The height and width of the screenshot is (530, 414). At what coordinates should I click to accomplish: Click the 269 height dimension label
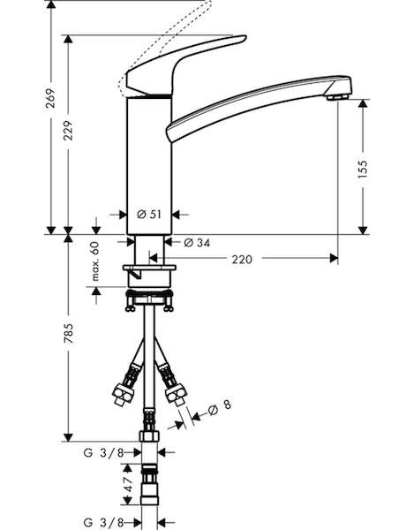[50, 98]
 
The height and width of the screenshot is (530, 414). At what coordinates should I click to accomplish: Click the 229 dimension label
[68, 131]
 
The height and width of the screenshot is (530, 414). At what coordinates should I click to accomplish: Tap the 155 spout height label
[362, 169]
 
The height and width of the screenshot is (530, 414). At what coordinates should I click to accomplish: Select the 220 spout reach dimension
[242, 259]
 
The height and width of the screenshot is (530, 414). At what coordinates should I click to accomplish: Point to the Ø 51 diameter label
[149, 215]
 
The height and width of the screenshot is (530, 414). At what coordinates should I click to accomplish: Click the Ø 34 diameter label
[197, 242]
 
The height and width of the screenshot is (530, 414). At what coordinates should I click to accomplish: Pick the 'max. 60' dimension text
[95, 261]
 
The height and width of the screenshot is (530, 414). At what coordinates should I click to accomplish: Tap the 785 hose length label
[69, 334]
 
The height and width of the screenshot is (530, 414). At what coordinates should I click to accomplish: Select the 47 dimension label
[128, 485]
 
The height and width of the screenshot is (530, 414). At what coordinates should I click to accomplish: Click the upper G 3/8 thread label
[103, 452]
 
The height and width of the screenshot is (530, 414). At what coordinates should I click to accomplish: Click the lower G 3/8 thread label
[103, 523]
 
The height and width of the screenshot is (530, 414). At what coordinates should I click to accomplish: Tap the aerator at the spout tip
[338, 97]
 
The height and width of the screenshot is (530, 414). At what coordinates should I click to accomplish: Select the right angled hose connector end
[177, 394]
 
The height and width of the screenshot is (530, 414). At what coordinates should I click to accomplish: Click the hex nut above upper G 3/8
[149, 435]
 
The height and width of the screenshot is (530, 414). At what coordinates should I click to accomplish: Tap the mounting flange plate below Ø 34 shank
[149, 268]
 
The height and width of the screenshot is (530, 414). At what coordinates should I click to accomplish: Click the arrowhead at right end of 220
[334, 259]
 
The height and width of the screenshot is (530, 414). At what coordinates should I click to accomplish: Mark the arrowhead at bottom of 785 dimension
[68, 437]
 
